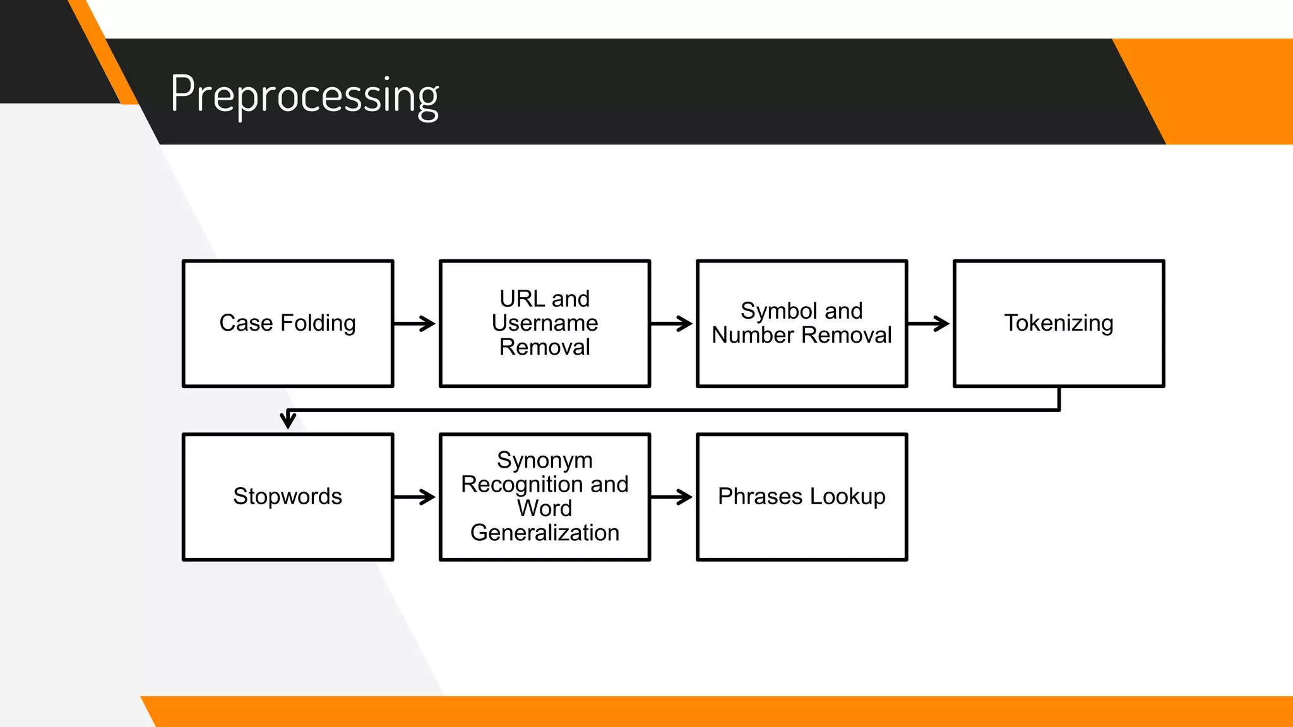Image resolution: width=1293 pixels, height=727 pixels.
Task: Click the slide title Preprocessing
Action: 304,95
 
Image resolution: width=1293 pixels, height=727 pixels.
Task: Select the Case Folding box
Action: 288,323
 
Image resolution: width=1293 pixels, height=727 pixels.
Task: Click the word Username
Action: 544,323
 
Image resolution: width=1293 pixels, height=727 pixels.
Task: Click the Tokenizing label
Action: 1059,323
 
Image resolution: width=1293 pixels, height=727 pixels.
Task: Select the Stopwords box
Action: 288,497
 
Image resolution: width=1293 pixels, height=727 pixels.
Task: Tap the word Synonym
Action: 544,460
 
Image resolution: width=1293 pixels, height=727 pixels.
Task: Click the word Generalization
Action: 544,533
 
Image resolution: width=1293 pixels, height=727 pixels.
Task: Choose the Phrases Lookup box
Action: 802,497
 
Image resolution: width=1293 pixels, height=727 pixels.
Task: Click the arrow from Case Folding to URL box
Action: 415,324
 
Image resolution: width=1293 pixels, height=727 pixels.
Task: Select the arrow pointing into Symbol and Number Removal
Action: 672,324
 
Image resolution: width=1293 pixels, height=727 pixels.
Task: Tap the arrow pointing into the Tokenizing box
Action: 929,324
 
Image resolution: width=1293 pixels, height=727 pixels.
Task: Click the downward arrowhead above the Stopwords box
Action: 288,420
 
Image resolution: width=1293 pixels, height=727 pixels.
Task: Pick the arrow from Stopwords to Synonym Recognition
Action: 415,497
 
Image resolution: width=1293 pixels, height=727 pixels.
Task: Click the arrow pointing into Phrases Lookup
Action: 672,497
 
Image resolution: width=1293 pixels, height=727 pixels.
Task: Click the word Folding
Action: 318,323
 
